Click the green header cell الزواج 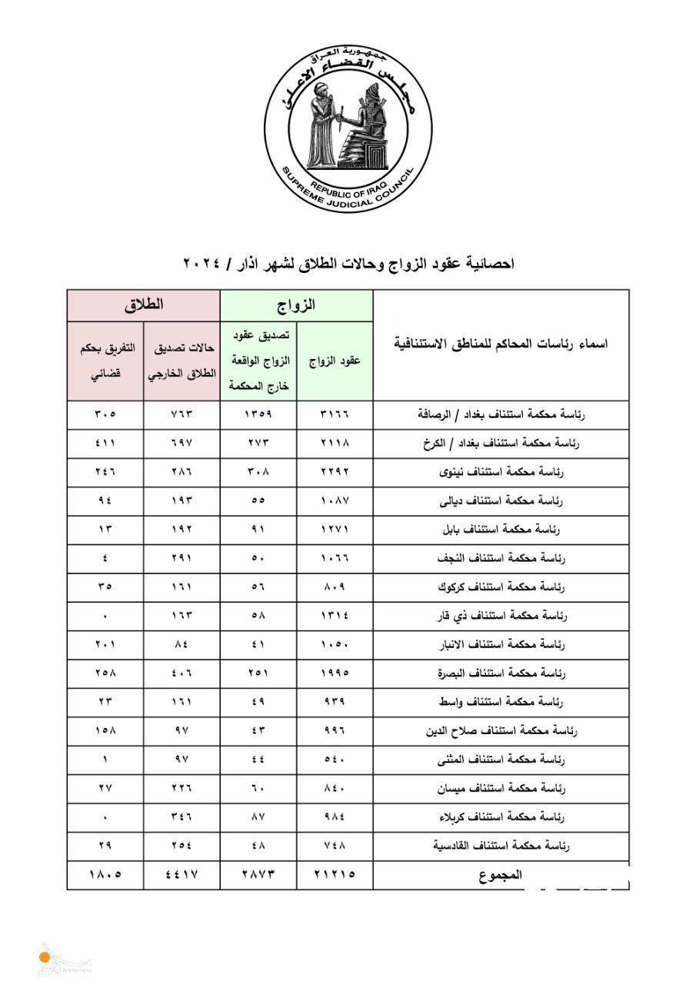coord(297,305)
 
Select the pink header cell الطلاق coord(144,305)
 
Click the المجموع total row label coord(501,875)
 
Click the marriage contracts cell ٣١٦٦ coord(335,414)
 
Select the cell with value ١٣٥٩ coord(258,414)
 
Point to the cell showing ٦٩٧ coord(181,443)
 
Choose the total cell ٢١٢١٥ coord(335,875)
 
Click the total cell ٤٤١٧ coord(181,875)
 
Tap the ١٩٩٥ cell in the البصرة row coord(335,673)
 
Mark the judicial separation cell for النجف coord(105,558)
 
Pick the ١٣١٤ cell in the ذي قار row coord(335,616)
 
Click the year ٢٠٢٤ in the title coord(202,264)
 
